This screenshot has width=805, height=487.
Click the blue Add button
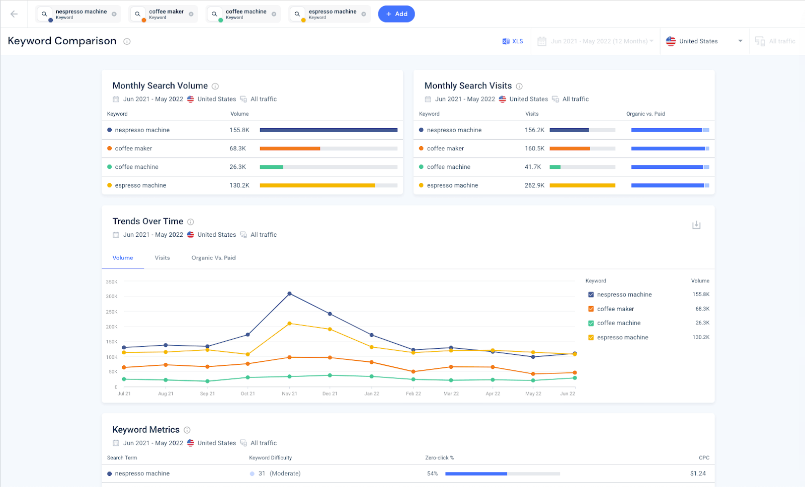(x=396, y=14)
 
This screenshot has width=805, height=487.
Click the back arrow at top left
(x=14, y=14)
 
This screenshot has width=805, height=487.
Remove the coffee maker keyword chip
(x=191, y=14)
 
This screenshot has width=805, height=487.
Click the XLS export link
(x=513, y=41)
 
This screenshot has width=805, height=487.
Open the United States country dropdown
(x=704, y=41)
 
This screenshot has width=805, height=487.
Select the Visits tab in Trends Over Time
(x=162, y=258)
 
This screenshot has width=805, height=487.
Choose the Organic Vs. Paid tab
(x=213, y=258)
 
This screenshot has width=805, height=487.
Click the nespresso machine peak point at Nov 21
(x=289, y=294)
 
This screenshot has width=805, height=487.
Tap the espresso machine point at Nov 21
(x=289, y=324)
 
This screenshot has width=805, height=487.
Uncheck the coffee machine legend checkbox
(x=591, y=323)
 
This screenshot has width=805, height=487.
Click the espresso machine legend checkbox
(x=591, y=338)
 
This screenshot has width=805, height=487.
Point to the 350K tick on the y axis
(x=112, y=282)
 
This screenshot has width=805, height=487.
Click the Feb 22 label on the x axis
(x=414, y=394)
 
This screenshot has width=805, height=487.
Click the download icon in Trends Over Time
(x=696, y=225)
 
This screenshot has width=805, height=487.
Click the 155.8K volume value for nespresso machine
(x=239, y=130)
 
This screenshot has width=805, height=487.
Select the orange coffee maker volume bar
(x=290, y=148)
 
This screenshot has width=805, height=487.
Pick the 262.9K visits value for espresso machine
(x=534, y=185)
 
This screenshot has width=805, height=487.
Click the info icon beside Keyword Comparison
(x=127, y=42)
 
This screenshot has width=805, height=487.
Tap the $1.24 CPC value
(x=698, y=473)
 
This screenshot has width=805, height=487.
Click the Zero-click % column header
(x=439, y=458)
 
